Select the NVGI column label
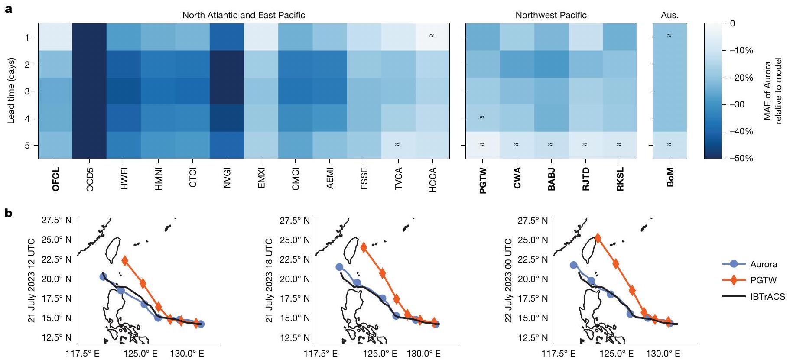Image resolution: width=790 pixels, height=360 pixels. (x=227, y=178)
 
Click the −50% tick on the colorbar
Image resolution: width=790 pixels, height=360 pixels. (x=741, y=158)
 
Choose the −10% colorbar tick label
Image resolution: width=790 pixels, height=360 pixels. (x=741, y=50)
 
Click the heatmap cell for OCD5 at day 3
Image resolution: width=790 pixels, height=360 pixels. (x=89, y=91)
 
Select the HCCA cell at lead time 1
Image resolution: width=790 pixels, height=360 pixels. (x=432, y=37)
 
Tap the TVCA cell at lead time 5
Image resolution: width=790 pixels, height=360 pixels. (x=398, y=145)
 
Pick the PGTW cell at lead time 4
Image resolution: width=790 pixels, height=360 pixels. (x=482, y=118)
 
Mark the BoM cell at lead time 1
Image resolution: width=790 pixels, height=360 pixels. (x=670, y=37)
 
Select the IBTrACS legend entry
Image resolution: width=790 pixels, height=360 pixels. (x=767, y=297)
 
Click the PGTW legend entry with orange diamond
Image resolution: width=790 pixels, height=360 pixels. (x=763, y=280)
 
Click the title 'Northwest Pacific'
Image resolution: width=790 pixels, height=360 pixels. (x=551, y=15)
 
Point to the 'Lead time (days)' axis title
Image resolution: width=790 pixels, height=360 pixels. (x=12, y=91)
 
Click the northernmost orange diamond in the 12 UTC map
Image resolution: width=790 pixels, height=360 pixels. (x=125, y=261)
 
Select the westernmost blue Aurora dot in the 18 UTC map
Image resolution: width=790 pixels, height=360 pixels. (x=339, y=267)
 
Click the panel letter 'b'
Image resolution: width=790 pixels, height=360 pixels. (x=8, y=213)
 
